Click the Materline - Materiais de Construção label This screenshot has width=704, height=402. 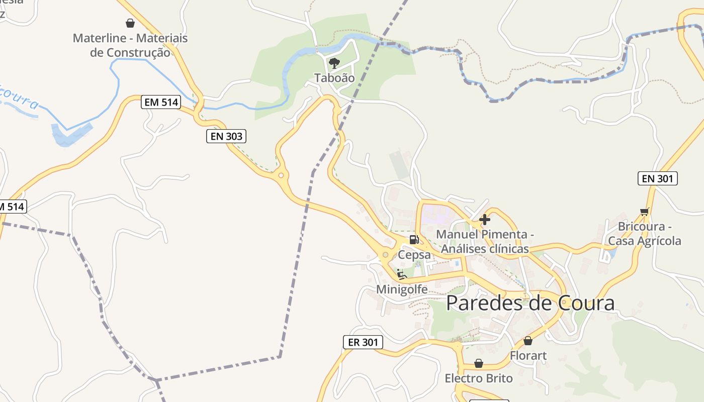pyautogui.click(x=130, y=45)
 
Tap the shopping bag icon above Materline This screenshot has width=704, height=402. pyautogui.click(x=130, y=23)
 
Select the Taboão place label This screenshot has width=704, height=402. pyautogui.click(x=334, y=78)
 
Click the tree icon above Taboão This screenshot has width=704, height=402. pyautogui.click(x=334, y=63)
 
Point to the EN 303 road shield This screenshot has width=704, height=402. pyautogui.click(x=226, y=136)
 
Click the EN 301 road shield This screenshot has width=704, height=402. pyautogui.click(x=657, y=178)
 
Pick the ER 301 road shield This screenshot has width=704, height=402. pyautogui.click(x=363, y=342)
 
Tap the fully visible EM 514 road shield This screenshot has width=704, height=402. pyautogui.click(x=161, y=102)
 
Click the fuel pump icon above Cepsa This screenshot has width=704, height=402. pyautogui.click(x=414, y=240)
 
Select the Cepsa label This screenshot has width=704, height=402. pyautogui.click(x=414, y=255)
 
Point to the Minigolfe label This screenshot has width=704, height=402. pyautogui.click(x=402, y=289)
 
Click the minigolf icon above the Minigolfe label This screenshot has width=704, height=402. pyautogui.click(x=401, y=274)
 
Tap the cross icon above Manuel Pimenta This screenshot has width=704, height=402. pyautogui.click(x=485, y=220)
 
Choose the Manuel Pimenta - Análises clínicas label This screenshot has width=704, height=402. pyautogui.click(x=485, y=242)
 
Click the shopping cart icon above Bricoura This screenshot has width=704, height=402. pyautogui.click(x=645, y=212)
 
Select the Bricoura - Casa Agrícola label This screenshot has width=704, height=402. pyautogui.click(x=645, y=234)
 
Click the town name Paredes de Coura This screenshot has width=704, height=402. pyautogui.click(x=530, y=303)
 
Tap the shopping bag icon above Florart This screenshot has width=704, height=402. pyautogui.click(x=528, y=341)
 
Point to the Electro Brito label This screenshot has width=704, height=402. pyautogui.click(x=479, y=378)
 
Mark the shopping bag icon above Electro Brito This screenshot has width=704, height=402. pyautogui.click(x=479, y=363)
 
